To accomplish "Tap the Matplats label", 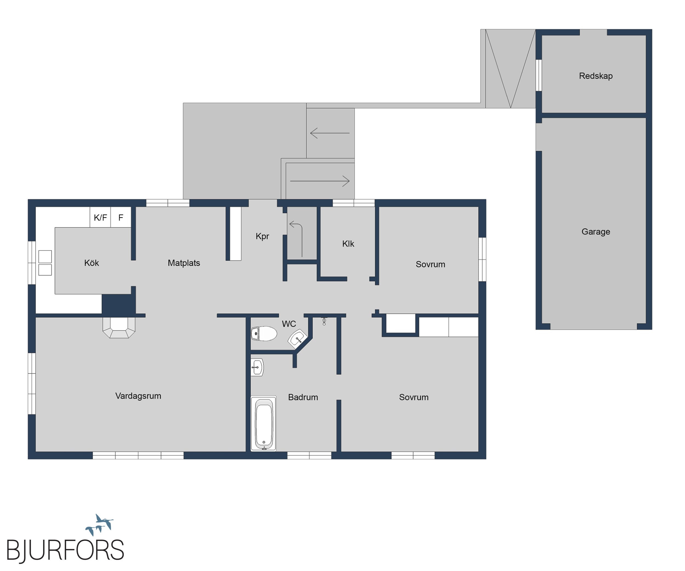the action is click(184, 263).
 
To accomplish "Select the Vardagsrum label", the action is click(138, 396).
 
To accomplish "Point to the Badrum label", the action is click(303, 397).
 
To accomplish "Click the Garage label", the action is click(596, 232).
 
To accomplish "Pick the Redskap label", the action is click(596, 76).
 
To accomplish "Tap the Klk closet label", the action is click(348, 244).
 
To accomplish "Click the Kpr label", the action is click(262, 236).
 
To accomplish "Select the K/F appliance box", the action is click(101, 217).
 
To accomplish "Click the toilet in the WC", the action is click(264, 333).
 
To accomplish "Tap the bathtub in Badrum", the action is click(264, 424).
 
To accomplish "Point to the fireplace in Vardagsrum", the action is click(119, 327).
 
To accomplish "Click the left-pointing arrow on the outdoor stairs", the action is click(330, 133).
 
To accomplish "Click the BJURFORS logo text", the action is click(65, 550).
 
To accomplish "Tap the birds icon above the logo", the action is click(99, 524).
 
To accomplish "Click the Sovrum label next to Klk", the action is click(430, 264).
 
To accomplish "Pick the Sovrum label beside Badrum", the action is click(414, 397).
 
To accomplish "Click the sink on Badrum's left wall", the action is click(257, 367).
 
